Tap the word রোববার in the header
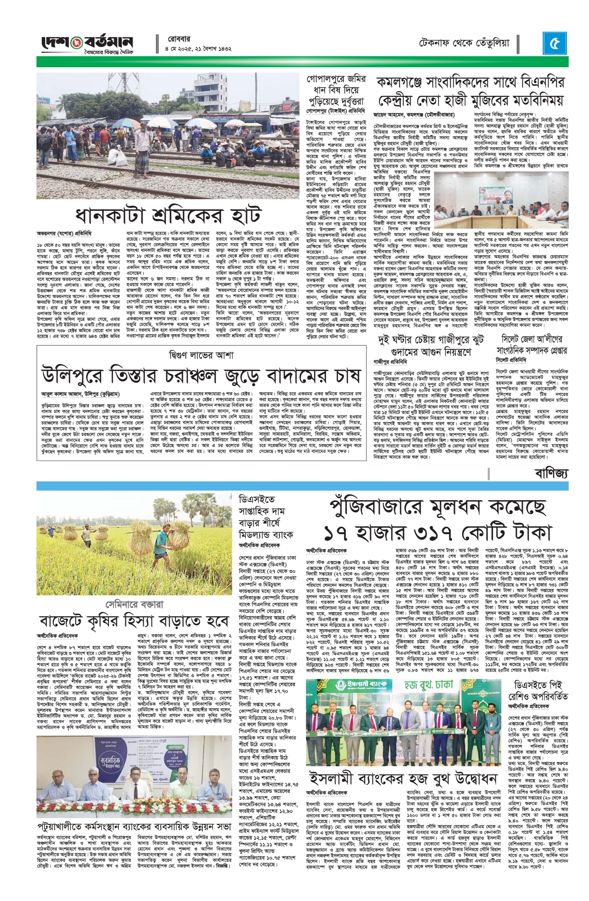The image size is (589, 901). (x=179, y=39)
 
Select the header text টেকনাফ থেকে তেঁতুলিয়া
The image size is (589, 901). (x=464, y=42)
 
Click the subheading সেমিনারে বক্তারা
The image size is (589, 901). (x=134, y=604)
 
